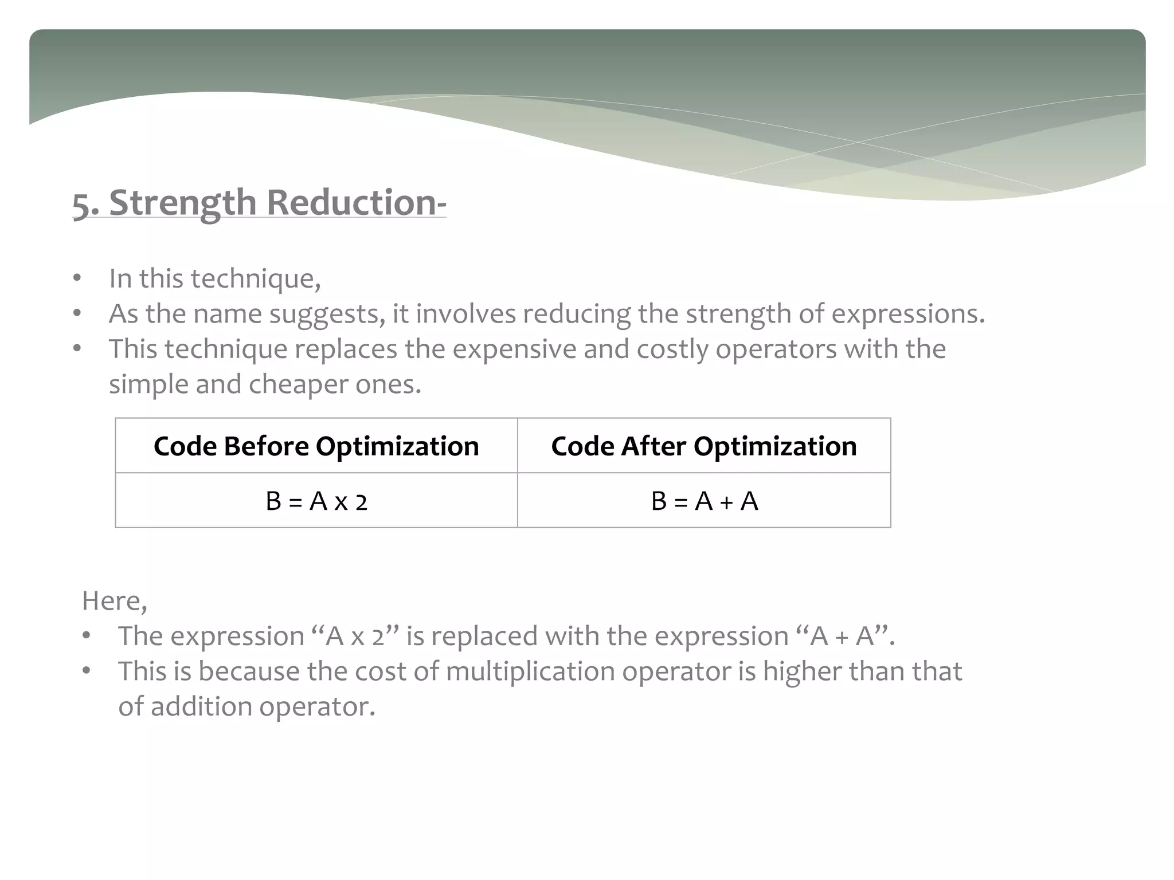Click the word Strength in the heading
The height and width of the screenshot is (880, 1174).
tap(182, 203)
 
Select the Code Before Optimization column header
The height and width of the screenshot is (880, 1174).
tap(316, 446)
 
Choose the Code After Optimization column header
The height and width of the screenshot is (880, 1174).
tap(703, 446)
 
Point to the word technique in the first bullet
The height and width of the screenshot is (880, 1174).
tap(255, 279)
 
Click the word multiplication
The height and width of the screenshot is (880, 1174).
tap(530, 671)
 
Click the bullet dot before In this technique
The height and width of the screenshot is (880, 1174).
tap(77, 279)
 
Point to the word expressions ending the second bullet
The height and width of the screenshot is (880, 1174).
tap(908, 315)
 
